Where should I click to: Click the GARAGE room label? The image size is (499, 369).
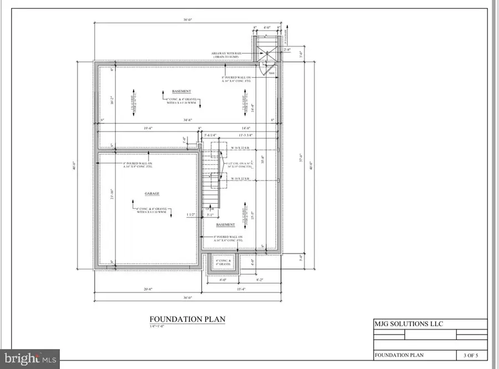click(x=152, y=194)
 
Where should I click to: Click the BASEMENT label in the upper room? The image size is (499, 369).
click(x=181, y=91)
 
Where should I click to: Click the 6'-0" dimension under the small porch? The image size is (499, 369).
click(x=223, y=280)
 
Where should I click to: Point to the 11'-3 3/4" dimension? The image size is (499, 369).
click(x=245, y=135)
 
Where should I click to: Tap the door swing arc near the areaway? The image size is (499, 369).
click(x=270, y=68)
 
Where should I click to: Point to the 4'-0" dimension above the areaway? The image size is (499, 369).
click(x=267, y=27)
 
